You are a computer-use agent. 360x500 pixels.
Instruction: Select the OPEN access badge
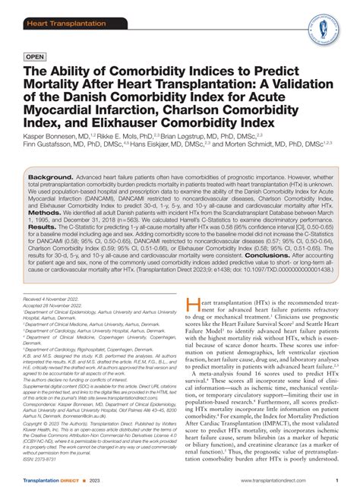tap(35, 56)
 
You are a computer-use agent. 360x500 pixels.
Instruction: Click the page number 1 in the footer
tap(336, 481)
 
